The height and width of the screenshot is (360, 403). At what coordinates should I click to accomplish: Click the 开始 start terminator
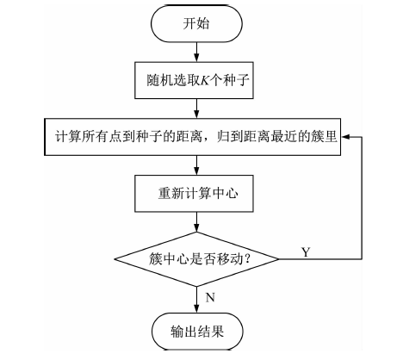(196, 24)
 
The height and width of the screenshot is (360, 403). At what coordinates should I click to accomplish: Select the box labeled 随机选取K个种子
(194, 80)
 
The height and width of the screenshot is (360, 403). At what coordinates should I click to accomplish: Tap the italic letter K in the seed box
(204, 80)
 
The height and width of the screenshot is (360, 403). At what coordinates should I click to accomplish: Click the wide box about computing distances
(192, 137)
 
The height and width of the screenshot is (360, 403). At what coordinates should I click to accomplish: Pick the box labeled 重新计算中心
(194, 194)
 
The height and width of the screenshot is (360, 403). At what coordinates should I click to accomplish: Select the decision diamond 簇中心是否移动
(196, 259)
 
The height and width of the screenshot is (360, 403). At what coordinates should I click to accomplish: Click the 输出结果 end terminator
(197, 332)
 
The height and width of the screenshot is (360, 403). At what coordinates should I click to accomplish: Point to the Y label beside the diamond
(306, 252)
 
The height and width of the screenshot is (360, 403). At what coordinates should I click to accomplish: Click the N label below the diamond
(210, 297)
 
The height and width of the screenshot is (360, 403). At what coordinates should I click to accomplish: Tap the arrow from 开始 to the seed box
(196, 52)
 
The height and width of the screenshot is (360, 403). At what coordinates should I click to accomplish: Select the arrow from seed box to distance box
(196, 109)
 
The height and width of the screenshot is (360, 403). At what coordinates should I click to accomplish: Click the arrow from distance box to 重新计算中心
(196, 165)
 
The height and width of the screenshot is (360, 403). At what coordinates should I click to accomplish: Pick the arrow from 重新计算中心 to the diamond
(196, 222)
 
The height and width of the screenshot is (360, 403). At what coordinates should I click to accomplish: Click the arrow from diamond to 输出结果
(196, 300)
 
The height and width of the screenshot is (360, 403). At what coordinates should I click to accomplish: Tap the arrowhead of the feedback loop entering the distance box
(345, 137)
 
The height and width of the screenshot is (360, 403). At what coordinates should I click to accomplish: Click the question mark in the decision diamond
(246, 259)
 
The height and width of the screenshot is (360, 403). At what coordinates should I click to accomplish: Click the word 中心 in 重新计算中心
(226, 194)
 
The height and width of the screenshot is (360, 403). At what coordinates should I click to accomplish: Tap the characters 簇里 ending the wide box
(324, 137)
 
